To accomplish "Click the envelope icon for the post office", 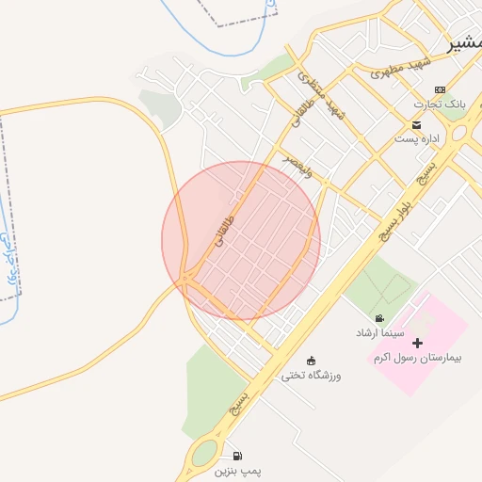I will [416, 125].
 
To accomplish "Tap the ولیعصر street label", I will [302, 166].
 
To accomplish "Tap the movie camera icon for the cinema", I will [378, 319].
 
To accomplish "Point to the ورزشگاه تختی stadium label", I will [312, 376].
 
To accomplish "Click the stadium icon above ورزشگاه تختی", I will [312, 361].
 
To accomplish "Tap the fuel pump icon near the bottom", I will [234, 455].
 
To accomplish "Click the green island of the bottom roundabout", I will [204, 456].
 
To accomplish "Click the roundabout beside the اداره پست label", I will [462, 134].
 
